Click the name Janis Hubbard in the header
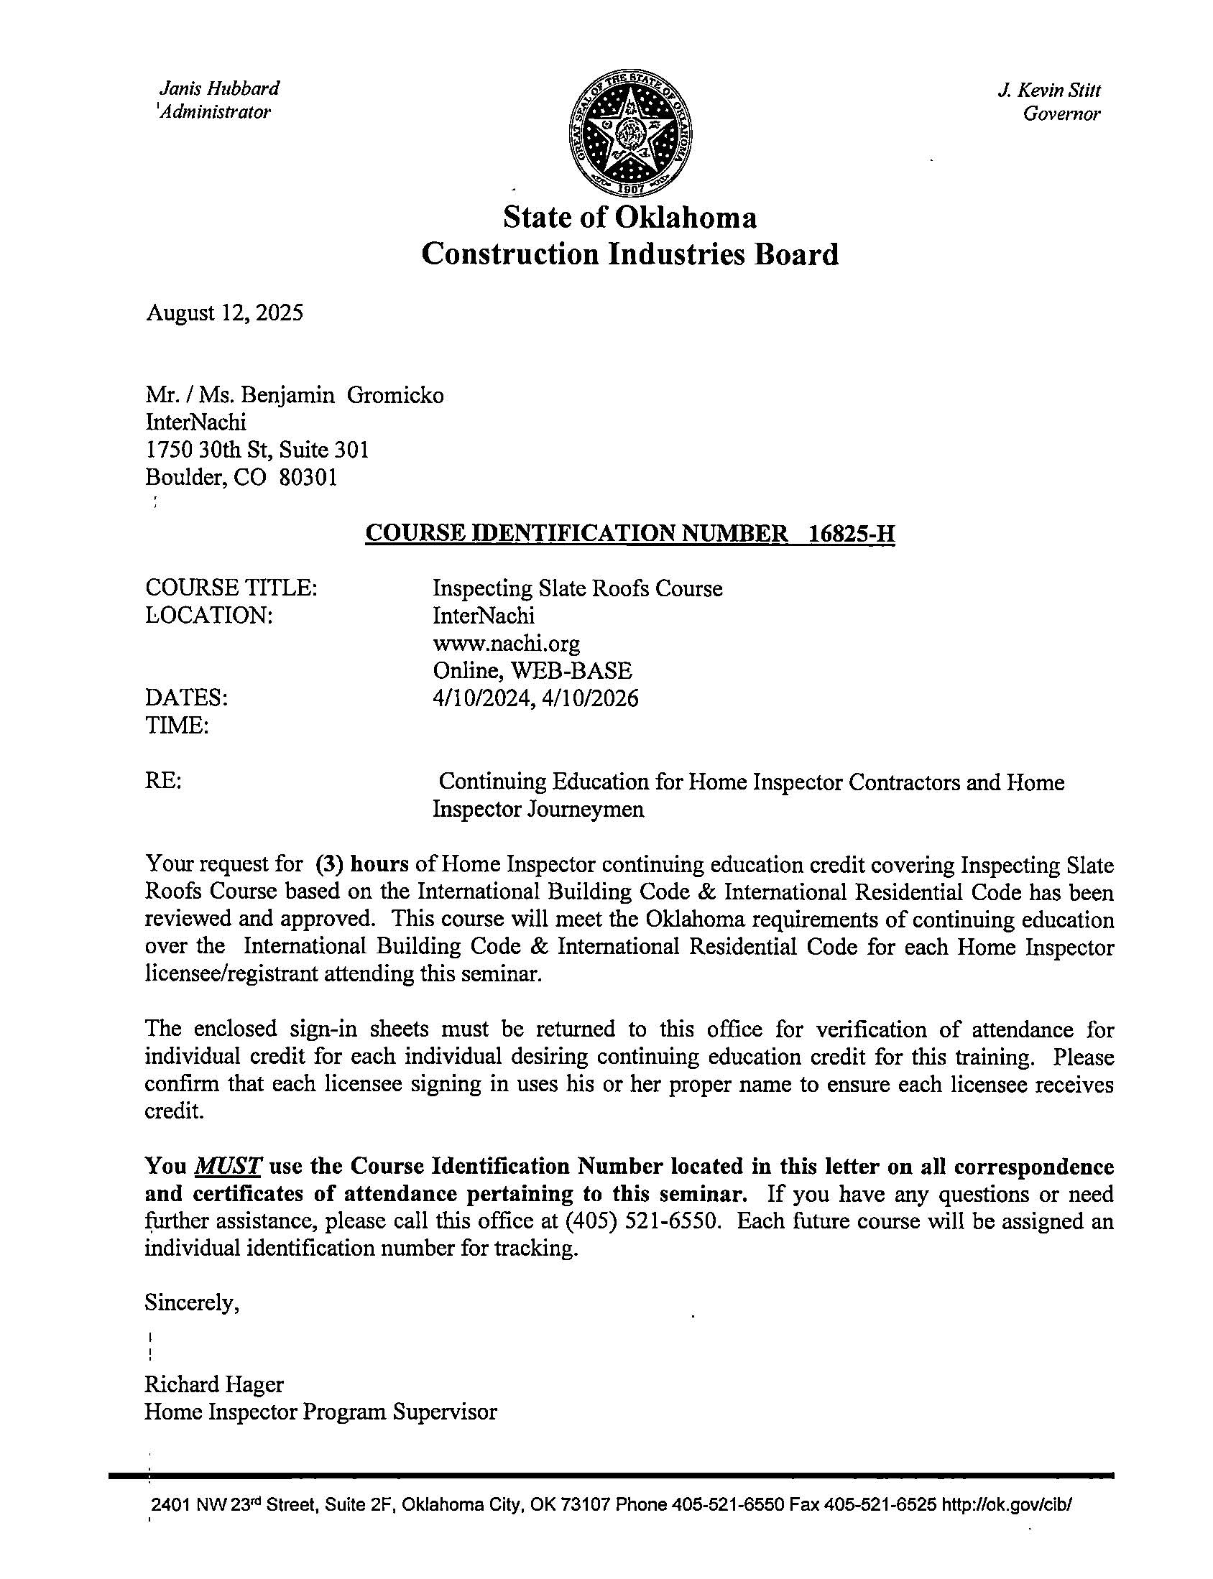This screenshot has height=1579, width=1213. coord(218,89)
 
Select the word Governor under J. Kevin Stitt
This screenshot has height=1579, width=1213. coord(1061,114)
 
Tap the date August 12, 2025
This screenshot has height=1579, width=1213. coord(223,312)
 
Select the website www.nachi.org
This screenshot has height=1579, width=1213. coord(506,643)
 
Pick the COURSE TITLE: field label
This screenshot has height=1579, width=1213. coord(231,588)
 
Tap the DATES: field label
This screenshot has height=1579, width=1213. coord(186,698)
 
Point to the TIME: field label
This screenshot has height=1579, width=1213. coord(177,726)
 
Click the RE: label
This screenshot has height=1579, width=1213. coord(163,781)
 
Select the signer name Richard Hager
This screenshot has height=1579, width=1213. coord(213,1384)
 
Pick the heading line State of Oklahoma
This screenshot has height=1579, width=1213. coord(629,217)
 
